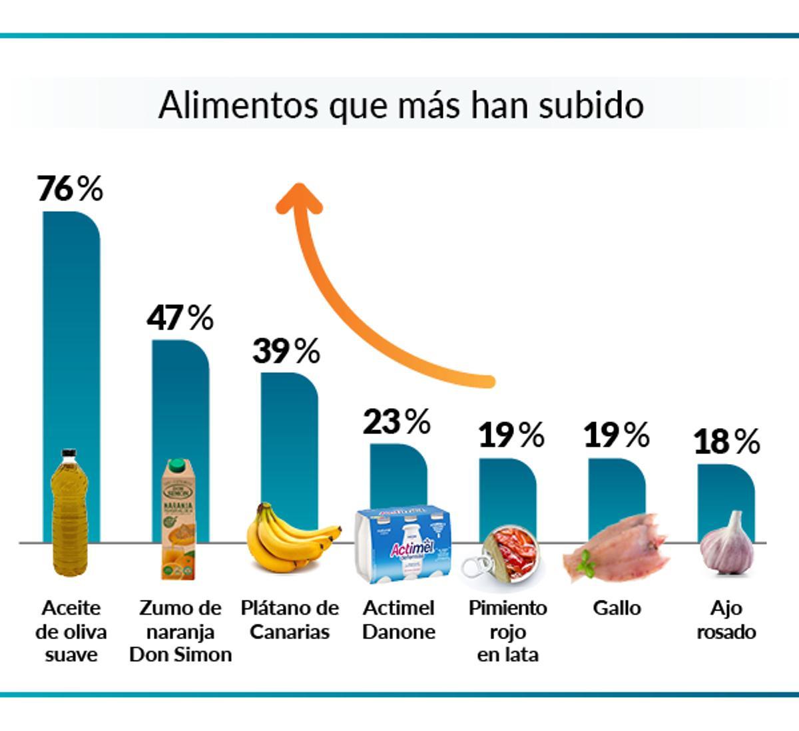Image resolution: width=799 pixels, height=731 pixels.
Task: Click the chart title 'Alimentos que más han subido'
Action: (401, 105)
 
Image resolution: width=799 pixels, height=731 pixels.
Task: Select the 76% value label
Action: (70, 188)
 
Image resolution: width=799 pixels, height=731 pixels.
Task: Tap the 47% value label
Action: (180, 318)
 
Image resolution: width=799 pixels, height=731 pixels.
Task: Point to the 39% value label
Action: (286, 350)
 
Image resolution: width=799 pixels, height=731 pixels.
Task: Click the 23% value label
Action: (396, 421)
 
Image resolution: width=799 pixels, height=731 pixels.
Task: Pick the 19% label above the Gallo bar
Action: (617, 435)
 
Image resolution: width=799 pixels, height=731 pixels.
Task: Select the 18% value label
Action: (726, 441)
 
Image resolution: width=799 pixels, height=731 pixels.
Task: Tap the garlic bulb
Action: (728, 546)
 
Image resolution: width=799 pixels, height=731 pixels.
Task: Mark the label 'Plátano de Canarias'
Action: (290, 619)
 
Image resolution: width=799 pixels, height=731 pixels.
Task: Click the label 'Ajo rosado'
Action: (726, 619)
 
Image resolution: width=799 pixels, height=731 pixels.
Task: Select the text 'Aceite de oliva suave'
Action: (71, 631)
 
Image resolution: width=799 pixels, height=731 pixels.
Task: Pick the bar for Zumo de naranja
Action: (180, 399)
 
